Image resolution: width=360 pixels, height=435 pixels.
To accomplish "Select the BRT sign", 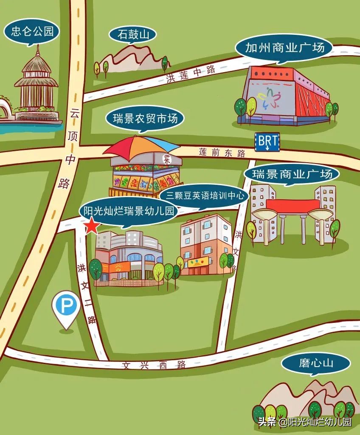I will pyautogui.click(x=267, y=142).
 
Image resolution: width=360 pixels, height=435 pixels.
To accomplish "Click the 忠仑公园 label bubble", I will pyautogui.click(x=32, y=31).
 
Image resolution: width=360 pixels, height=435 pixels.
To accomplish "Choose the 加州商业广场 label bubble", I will pyautogui.click(x=284, y=47).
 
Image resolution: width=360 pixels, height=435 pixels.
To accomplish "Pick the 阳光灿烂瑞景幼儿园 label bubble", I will pyautogui.click(x=128, y=211).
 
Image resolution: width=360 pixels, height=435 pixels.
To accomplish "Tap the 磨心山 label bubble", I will pyautogui.click(x=316, y=363).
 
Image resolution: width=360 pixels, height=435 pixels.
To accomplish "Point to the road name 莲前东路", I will pyautogui.click(x=222, y=153).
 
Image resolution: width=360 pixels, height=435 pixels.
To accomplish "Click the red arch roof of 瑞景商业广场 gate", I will pyautogui.click(x=293, y=206).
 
